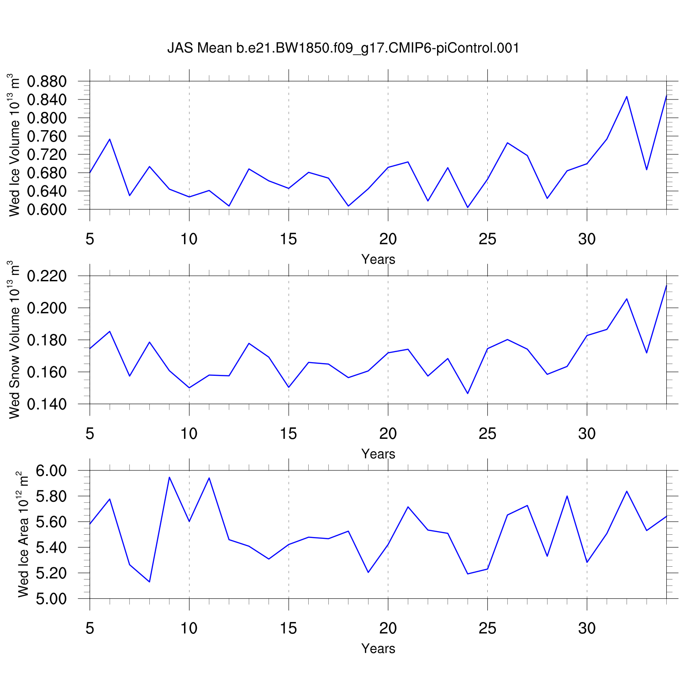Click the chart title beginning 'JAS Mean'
pos(343,48)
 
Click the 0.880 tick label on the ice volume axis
pos(47,82)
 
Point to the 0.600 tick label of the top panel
pos(47,210)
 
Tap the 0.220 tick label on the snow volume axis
pos(47,276)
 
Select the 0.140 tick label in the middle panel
pos(47,404)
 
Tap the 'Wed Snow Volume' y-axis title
pos(15,340)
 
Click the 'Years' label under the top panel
pos(378,259)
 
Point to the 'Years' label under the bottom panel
pos(378,648)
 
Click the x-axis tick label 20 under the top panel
pos(388,239)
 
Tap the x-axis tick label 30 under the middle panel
pos(587,433)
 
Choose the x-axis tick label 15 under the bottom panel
pos(289,628)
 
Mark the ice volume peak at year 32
pos(627,96)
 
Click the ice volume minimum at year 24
pos(468,207)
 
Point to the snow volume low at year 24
pos(468,393)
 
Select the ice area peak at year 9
pos(169,477)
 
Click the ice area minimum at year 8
pos(149,581)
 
